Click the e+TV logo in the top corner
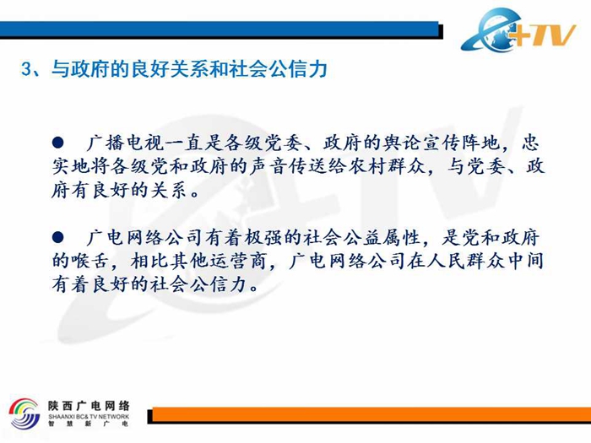(518, 30)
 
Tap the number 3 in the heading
(26, 70)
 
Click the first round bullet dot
(57, 143)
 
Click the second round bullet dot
(57, 237)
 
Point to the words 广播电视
(125, 143)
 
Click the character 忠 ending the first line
(531, 143)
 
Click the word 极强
(263, 238)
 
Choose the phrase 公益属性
(382, 238)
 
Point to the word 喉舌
(89, 261)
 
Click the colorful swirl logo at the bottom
(24, 413)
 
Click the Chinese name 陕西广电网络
(89, 406)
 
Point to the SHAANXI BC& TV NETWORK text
(89, 417)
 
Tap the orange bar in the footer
(371, 415)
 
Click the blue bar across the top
(220, 30)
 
